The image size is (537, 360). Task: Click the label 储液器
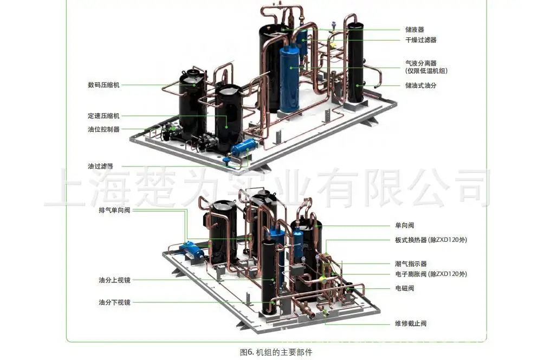click(x=415, y=30)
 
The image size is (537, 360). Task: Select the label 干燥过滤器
click(x=421, y=40)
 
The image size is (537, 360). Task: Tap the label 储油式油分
click(x=421, y=85)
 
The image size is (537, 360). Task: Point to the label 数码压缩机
click(x=103, y=85)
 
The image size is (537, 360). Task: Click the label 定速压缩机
click(x=103, y=116)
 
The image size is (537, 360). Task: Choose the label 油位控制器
click(x=103, y=130)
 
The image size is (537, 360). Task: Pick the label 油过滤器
click(x=100, y=166)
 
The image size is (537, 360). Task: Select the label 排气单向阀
click(x=114, y=210)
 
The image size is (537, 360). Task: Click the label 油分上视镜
click(x=114, y=280)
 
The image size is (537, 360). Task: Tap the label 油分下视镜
click(x=114, y=303)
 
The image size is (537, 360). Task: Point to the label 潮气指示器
click(x=411, y=263)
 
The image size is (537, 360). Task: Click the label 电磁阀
click(x=404, y=288)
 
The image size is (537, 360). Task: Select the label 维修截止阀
click(x=411, y=323)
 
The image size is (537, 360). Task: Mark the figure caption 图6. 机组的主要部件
click(x=276, y=352)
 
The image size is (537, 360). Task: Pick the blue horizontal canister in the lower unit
click(x=192, y=249)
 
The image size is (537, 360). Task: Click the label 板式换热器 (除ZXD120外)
click(x=431, y=240)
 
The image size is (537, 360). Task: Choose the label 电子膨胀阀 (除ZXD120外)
click(x=431, y=274)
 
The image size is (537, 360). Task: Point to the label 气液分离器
click(x=421, y=63)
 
